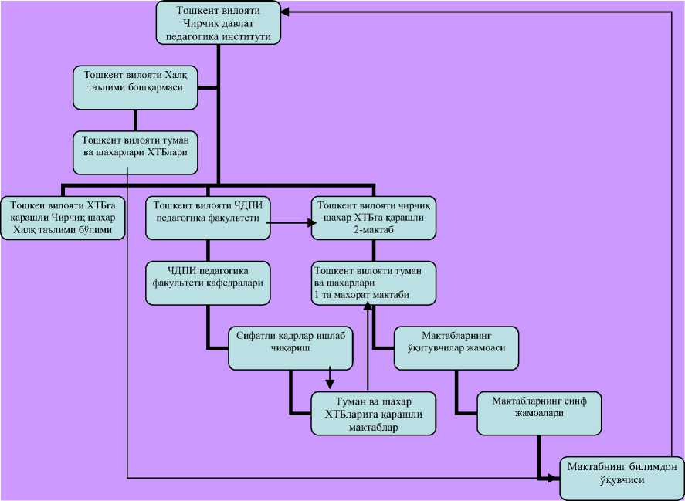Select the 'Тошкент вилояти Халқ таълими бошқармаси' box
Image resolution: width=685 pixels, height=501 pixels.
coord(136,87)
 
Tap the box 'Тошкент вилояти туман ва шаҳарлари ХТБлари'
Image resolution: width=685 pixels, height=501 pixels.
coord(136,150)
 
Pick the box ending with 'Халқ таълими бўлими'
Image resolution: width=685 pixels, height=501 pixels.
coord(63,218)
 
